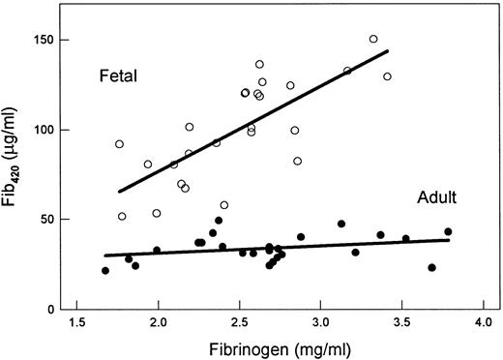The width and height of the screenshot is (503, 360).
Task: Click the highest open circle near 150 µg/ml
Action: pyautogui.click(x=373, y=40)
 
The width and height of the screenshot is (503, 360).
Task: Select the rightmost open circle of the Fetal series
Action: pyautogui.click(x=387, y=76)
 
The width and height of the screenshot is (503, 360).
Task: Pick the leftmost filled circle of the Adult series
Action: pyautogui.click(x=105, y=271)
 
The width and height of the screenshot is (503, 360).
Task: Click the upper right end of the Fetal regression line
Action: pyautogui.click(x=388, y=51)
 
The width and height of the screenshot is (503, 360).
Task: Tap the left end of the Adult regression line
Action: pyautogui.click(x=104, y=255)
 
